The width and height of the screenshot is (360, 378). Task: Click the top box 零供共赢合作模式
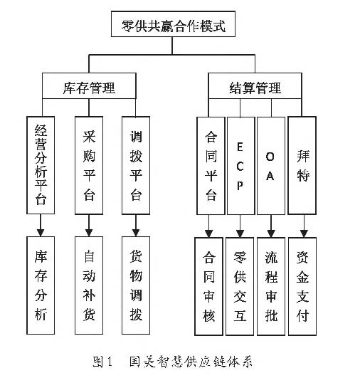point(173,24)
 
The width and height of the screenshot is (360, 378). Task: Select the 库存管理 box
point(89,86)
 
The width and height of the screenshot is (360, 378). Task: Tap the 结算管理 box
point(255,86)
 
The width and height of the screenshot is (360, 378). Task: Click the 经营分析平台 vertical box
point(41,165)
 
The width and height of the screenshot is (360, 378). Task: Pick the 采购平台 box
point(89,165)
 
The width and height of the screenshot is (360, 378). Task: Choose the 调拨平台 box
point(136,165)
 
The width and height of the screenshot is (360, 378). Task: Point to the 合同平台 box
point(211,166)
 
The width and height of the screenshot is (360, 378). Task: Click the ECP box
point(241,166)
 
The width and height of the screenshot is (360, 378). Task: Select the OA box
point(271,166)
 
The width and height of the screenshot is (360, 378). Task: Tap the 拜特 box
point(302,165)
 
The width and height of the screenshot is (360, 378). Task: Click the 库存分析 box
point(41,285)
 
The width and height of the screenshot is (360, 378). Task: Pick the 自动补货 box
point(89,285)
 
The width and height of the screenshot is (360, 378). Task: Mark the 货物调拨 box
point(136,285)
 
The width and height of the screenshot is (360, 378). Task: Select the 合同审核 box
point(208,286)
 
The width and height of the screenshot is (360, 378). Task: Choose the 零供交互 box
point(240,286)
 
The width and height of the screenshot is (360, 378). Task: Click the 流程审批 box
point(271,286)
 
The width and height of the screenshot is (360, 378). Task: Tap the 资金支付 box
point(302,286)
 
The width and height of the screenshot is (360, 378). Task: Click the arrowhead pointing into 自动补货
point(89,233)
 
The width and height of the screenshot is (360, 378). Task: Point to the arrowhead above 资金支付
point(304,233)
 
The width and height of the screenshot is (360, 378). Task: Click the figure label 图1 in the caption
point(102,362)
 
